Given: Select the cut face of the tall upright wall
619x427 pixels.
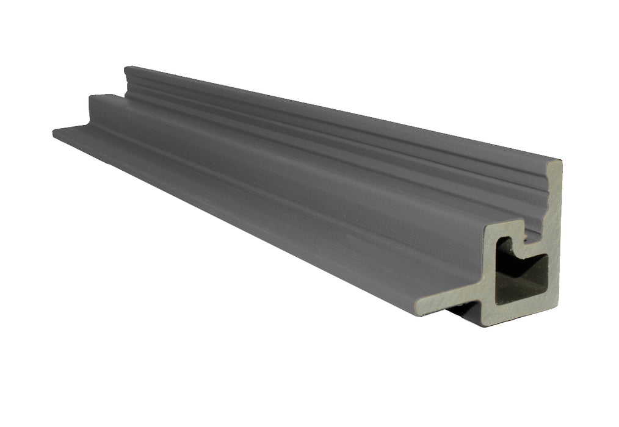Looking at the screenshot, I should coord(552,213).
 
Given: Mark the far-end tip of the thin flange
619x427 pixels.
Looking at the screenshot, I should coord(55,131).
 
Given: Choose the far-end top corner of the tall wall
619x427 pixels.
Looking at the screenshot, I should coord(127,68).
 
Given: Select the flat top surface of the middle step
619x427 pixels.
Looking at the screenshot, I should coord(275,146).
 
